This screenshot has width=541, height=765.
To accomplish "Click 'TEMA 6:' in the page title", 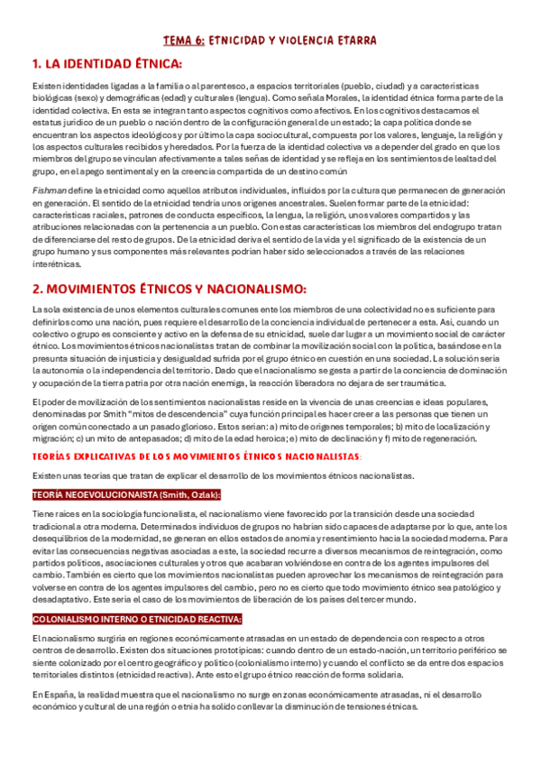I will (x=183, y=41).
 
